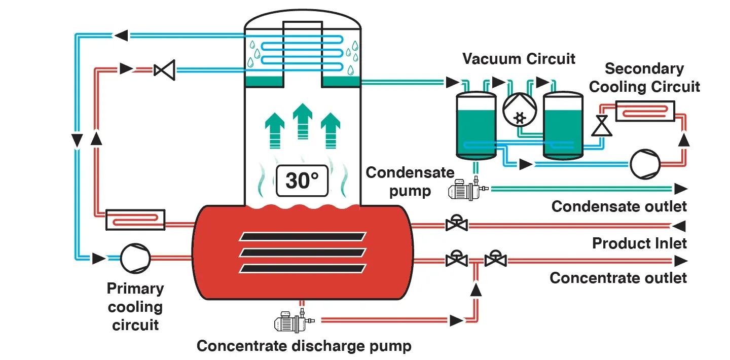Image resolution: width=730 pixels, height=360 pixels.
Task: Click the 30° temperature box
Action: [302, 181]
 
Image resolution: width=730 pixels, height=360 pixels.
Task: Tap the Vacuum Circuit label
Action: [519, 59]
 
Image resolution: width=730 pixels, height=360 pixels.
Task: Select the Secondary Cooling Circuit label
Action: [644, 78]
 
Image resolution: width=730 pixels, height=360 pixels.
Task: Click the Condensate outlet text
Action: [619, 206]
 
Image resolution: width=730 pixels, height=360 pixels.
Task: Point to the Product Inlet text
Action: [639, 243]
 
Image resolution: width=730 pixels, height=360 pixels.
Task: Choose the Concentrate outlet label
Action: [618, 278]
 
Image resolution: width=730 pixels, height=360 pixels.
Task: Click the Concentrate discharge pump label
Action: [304, 346]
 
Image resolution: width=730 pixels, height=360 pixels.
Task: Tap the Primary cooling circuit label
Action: [135, 306]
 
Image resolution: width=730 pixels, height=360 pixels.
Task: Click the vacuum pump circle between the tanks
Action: [519, 110]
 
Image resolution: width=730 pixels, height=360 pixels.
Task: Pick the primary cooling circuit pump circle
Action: [135, 257]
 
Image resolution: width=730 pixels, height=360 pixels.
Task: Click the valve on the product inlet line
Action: [456, 224]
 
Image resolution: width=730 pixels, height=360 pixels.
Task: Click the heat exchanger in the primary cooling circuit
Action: [135, 220]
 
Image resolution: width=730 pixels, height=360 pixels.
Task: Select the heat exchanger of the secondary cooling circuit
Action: [645, 111]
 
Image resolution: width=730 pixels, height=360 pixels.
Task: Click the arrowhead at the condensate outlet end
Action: [680, 189]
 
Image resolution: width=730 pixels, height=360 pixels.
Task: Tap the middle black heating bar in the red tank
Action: [303, 252]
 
